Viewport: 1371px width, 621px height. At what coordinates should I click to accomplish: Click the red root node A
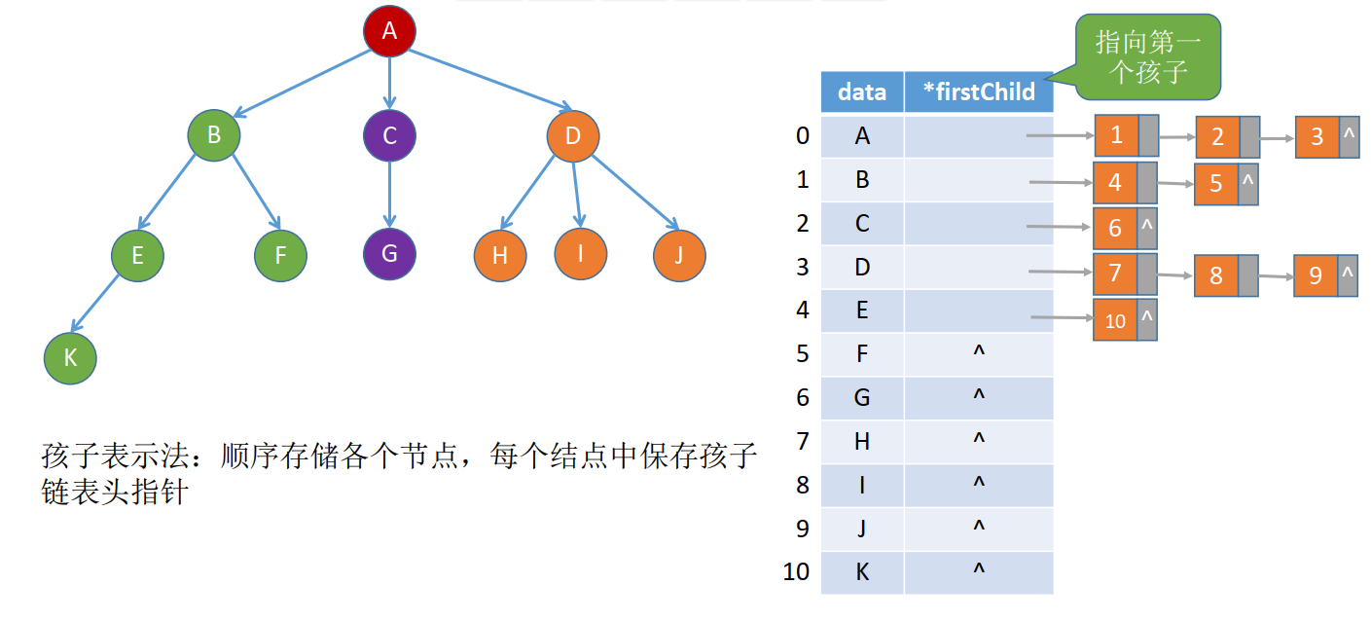[x=389, y=31]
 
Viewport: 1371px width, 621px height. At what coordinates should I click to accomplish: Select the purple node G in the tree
[x=389, y=254]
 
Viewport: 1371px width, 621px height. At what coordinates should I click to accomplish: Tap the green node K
[x=70, y=357]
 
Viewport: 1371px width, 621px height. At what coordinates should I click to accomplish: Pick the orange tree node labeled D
[x=572, y=135]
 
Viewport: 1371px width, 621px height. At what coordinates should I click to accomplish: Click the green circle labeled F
[x=280, y=256]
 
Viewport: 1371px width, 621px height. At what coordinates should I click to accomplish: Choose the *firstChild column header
[x=978, y=92]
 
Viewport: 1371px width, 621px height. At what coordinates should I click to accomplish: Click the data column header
[x=862, y=92]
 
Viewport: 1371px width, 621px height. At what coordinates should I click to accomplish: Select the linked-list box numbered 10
[x=1115, y=320]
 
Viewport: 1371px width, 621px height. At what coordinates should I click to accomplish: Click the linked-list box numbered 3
[x=1317, y=136]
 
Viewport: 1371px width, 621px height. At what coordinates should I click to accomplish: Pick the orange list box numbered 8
[x=1215, y=275]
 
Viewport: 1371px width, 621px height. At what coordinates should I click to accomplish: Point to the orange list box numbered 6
[x=1115, y=228]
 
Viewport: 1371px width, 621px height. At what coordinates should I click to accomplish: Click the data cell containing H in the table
[x=862, y=442]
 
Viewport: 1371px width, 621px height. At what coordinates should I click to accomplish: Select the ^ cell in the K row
[x=979, y=572]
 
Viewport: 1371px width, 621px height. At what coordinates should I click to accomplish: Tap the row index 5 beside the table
[x=802, y=353]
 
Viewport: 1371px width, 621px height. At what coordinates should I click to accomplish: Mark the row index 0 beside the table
[x=802, y=135]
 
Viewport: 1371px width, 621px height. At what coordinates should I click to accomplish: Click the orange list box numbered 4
[x=1115, y=182]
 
